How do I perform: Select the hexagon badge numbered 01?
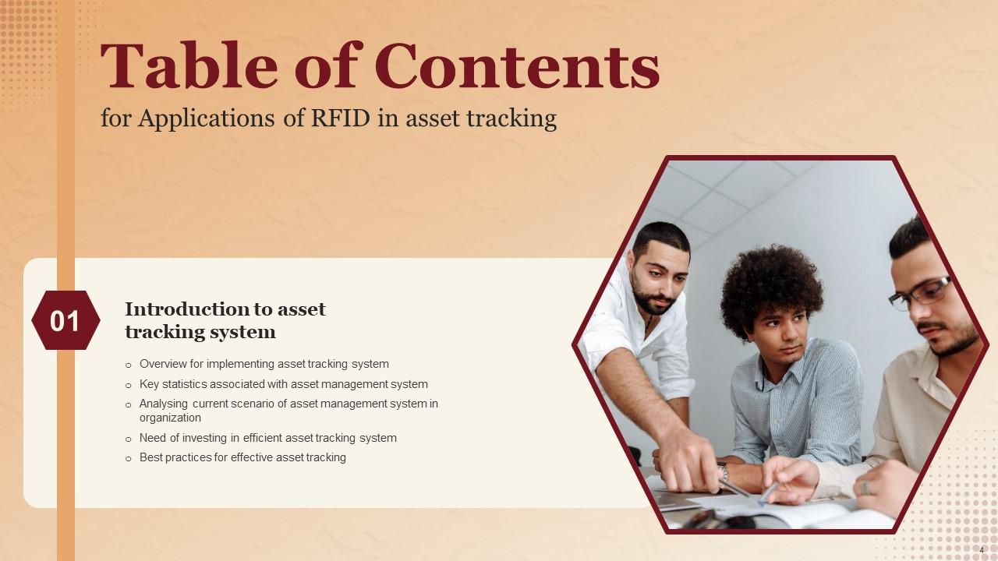pyautogui.click(x=65, y=320)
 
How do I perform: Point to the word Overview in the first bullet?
pyautogui.click(x=165, y=364)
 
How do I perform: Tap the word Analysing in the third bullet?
pyautogui.click(x=165, y=404)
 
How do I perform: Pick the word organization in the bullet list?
pyautogui.click(x=170, y=418)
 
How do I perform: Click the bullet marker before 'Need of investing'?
pyautogui.click(x=129, y=439)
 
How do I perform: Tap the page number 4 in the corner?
pyautogui.click(x=982, y=550)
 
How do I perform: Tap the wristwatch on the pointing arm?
pyautogui.click(x=724, y=471)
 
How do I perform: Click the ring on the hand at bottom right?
pyautogui.click(x=865, y=488)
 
